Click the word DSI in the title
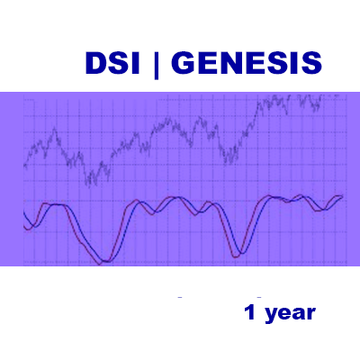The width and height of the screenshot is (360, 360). click(112, 63)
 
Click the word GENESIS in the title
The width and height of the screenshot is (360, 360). click(247, 63)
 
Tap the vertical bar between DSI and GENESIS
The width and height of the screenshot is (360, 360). click(156, 65)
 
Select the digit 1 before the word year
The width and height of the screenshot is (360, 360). click(250, 312)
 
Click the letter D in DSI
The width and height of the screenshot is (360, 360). click(95, 63)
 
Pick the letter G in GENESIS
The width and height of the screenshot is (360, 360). click(183, 63)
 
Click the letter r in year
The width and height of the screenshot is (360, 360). click(311, 314)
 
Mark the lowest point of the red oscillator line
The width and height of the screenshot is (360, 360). click(100, 265)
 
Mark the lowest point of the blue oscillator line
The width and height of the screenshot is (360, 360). click(105, 262)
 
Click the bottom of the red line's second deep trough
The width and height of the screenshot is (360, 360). click(236, 257)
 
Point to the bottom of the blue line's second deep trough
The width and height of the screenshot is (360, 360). click(242, 254)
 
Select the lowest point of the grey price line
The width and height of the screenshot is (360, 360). click(89, 187)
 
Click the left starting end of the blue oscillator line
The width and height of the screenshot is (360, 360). click(23, 212)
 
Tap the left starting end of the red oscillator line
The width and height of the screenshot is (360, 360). click(24, 228)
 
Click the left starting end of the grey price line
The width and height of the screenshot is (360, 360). click(24, 166)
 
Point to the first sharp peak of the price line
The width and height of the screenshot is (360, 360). click(55, 128)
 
